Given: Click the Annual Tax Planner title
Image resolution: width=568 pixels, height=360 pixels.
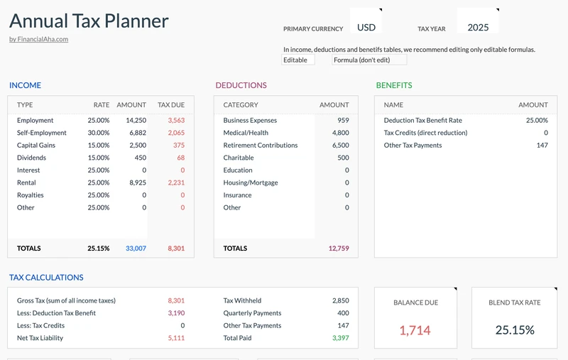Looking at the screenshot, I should click(x=89, y=21).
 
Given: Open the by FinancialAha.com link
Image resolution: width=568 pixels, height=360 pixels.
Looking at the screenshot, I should click(x=38, y=39).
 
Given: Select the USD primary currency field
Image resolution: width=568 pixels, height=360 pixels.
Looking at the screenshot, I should click(x=366, y=28).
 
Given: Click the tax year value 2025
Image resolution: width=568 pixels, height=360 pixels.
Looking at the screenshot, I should click(x=478, y=28).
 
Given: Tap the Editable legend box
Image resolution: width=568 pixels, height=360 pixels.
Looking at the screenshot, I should click(x=297, y=60).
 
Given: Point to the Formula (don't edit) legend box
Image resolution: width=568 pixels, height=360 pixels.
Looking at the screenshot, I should click(x=368, y=60).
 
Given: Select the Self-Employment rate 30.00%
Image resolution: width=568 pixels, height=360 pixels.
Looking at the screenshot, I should click(x=98, y=133).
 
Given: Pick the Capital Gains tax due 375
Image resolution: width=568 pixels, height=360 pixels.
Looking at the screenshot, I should click(x=178, y=146).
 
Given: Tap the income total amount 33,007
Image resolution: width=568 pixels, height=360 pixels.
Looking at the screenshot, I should click(x=136, y=249).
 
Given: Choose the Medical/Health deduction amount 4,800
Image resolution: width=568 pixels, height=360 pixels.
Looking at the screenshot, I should click(x=340, y=133).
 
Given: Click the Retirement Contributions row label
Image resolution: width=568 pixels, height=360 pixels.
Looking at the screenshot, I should click(x=261, y=146).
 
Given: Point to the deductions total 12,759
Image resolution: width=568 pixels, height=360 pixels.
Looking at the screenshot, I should click(x=339, y=249).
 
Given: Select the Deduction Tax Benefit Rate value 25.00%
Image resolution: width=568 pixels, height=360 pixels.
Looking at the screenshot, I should click(x=537, y=121).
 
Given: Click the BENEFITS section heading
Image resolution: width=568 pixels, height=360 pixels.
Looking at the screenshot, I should click(x=393, y=85).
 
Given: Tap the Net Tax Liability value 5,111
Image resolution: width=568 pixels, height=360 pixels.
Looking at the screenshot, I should click(x=176, y=338).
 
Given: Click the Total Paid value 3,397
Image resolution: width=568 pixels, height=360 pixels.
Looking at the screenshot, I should click(x=340, y=338).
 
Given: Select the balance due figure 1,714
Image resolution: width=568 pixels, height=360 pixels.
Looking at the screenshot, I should click(x=415, y=330).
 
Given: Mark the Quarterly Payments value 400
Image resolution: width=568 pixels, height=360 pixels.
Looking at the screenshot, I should click(x=343, y=313).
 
